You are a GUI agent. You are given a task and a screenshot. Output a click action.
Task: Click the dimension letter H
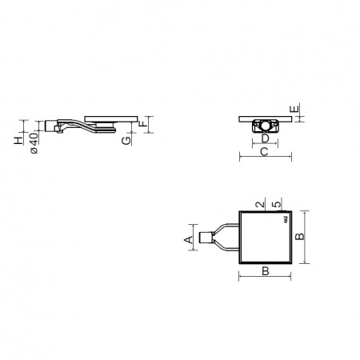click(x=18, y=141)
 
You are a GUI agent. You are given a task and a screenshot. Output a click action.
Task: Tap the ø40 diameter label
click(x=34, y=143)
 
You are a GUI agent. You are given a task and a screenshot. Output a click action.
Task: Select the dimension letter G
click(x=126, y=141)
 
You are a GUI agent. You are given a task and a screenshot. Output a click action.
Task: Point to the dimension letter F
click(x=143, y=123)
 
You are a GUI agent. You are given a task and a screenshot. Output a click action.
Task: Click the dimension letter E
click(x=294, y=109)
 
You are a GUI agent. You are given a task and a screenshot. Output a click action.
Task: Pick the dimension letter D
click(x=265, y=138)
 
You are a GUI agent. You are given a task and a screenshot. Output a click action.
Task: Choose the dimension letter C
click(x=264, y=152)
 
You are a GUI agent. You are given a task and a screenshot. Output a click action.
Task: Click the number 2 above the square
click(x=260, y=205)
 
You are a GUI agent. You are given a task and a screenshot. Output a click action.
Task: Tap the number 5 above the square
click(x=277, y=205)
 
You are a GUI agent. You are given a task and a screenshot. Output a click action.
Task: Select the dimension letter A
click(x=188, y=239)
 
